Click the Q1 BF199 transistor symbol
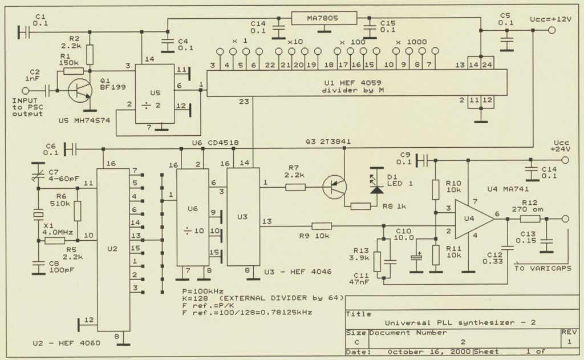pyautogui.click(x=80, y=91)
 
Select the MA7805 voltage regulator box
pyautogui.click(x=324, y=18)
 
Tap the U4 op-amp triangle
pyautogui.click(x=474, y=219)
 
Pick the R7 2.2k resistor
pyautogui.click(x=295, y=187)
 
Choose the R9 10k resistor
pyautogui.click(x=322, y=226)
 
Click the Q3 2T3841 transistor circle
pyautogui.click(x=334, y=187)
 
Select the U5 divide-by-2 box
pyautogui.click(x=155, y=94)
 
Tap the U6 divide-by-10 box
pyautogui.click(x=192, y=217)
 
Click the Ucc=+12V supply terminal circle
pyautogui.click(x=551, y=30)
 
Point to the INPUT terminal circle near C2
pyautogui.click(x=25, y=91)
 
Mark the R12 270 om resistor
pyautogui.click(x=530, y=219)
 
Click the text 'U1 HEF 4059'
pyautogui.click(x=352, y=83)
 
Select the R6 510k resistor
pyautogui.click(x=77, y=211)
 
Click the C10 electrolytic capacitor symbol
pyautogui.click(x=416, y=257)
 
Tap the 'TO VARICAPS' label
pyautogui.click(x=543, y=268)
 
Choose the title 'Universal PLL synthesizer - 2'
pyautogui.click(x=460, y=323)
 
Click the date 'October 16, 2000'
pyautogui.click(x=430, y=352)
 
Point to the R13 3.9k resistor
pyautogui.click(x=377, y=262)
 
